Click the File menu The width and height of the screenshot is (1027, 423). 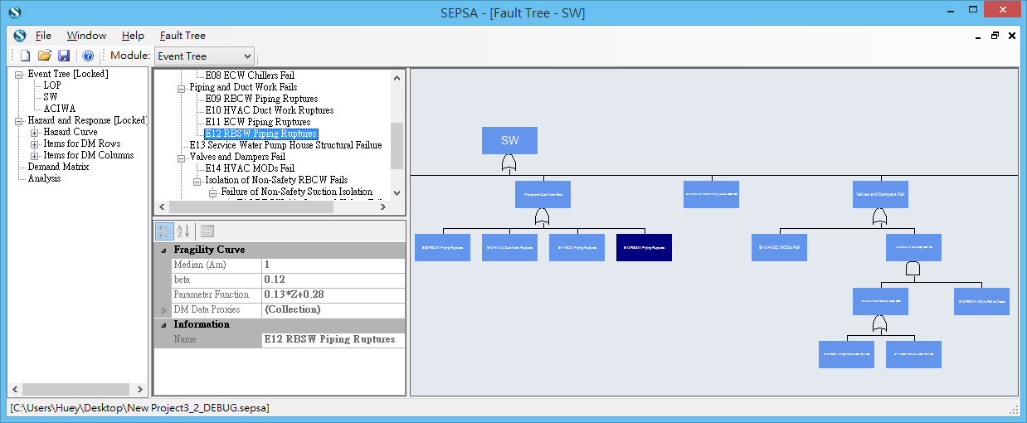(43, 36)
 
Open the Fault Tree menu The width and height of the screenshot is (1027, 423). (183, 36)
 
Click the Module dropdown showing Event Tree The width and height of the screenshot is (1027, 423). (204, 56)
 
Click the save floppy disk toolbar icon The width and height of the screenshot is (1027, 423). (64, 56)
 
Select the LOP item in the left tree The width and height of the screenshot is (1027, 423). (52, 85)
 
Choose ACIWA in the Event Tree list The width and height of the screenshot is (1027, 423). (60, 109)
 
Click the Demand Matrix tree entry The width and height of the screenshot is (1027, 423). (58, 167)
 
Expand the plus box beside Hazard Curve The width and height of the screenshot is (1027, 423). (35, 133)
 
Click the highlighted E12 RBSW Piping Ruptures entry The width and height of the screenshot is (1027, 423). (260, 134)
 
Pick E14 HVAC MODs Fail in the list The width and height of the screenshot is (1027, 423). (249, 168)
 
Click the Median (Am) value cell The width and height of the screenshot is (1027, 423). (332, 265)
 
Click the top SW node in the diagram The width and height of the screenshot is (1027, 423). (509, 141)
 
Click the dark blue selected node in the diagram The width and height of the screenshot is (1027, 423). (644, 247)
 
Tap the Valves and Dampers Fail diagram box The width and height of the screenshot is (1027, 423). (879, 194)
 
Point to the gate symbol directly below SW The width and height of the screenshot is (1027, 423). (509, 164)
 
